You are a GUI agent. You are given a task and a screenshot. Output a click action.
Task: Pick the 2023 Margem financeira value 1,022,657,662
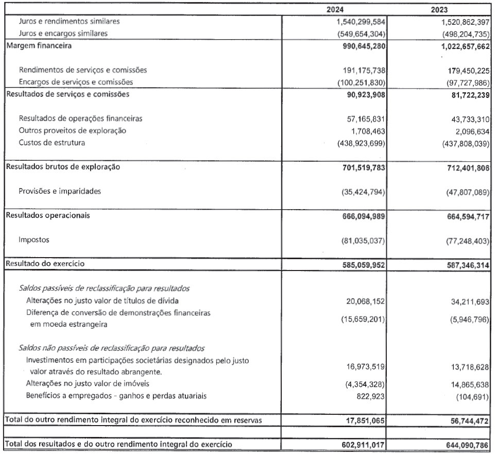click(x=456, y=47)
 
